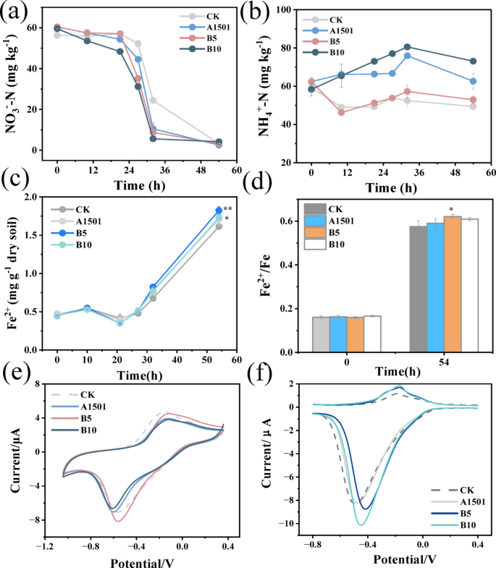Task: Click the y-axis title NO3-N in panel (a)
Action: click(x=12, y=80)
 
